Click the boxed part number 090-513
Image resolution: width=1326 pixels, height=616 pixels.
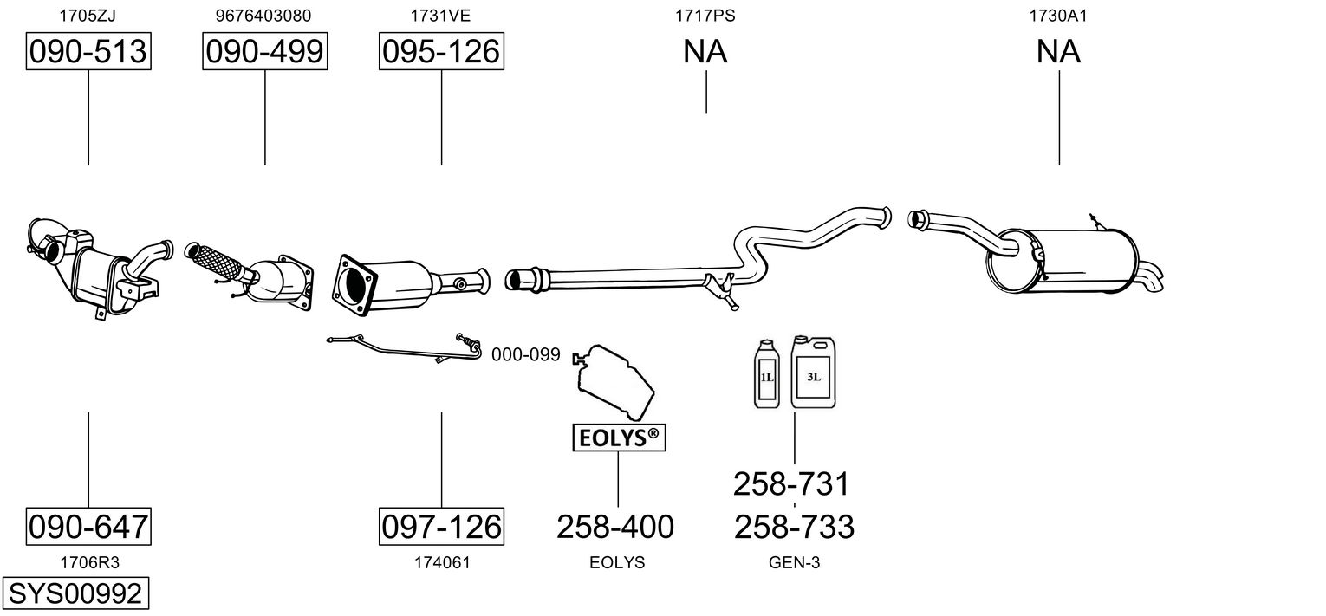point(88,52)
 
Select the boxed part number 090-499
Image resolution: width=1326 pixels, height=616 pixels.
point(265,52)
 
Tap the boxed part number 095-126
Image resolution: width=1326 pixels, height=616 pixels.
point(441,52)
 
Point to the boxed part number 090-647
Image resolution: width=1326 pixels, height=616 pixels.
point(88,526)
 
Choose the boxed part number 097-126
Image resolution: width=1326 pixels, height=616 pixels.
point(441,526)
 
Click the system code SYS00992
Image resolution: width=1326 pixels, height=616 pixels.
point(75,593)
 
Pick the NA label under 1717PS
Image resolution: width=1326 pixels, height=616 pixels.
point(705,52)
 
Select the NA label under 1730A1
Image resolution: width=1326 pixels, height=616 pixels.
point(1058,52)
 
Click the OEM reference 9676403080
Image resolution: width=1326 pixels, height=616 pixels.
point(263,16)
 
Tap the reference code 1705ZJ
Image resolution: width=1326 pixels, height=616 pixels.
point(88,16)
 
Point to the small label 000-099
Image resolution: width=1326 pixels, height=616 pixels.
point(526,355)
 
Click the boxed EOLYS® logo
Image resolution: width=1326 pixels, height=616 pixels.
point(619,438)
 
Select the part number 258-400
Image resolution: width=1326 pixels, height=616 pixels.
point(615,526)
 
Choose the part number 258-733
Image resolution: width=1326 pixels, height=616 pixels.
point(794,526)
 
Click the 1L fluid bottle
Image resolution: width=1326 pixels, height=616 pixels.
point(767,374)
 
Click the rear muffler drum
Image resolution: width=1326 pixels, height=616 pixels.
point(1083,260)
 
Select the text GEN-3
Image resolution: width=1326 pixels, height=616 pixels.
point(794,562)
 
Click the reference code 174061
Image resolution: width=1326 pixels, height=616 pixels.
point(442,562)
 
